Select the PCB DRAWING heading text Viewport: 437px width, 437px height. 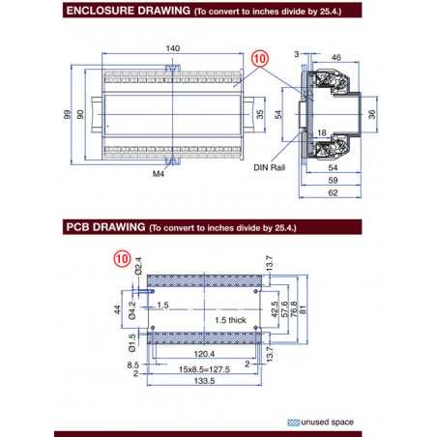[105, 228]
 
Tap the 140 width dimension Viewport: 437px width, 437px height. [174, 46]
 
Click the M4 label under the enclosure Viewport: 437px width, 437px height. [158, 175]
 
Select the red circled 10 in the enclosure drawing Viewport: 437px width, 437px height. [257, 57]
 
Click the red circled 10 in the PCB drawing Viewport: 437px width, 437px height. [122, 258]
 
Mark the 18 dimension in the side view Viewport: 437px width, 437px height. [320, 131]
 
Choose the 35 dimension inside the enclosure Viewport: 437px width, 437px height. [259, 115]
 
